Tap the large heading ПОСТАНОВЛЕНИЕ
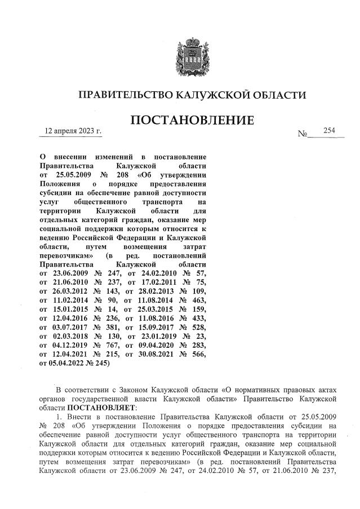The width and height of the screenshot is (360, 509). tap(192, 121)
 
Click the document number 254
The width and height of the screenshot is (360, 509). tap(329, 131)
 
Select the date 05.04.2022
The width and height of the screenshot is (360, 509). tap(66, 364)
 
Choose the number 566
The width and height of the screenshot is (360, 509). tap(198, 353)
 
